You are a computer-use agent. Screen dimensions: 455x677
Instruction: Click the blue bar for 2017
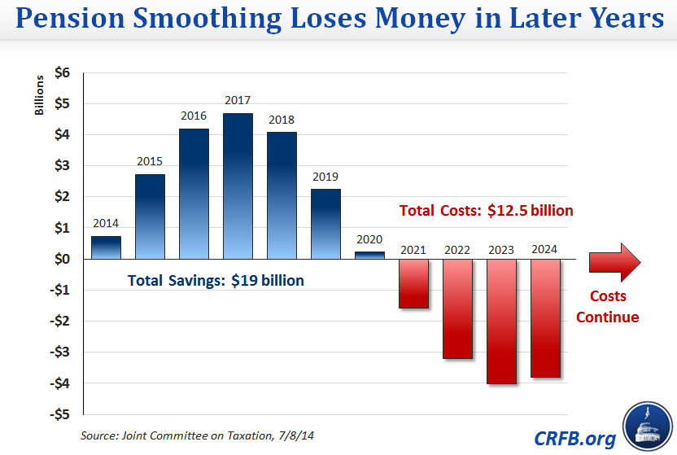[238, 186]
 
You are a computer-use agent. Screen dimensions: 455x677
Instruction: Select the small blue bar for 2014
[106, 247]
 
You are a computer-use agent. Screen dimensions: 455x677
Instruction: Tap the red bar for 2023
[501, 322]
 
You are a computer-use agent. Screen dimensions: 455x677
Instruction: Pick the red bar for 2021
[413, 283]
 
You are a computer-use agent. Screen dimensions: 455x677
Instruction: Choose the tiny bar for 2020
[369, 255]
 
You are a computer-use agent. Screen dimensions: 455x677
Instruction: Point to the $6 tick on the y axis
[62, 72]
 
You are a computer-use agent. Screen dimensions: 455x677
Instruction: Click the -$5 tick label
[59, 414]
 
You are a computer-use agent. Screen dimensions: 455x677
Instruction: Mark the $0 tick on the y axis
[62, 259]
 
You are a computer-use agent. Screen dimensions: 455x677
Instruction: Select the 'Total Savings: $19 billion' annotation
[216, 281]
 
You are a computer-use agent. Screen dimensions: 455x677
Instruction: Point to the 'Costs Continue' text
[608, 306]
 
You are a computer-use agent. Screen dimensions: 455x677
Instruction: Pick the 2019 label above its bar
[325, 177]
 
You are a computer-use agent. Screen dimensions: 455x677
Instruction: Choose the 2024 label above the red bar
[544, 249]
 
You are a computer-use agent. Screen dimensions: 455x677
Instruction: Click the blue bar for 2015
[150, 217]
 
